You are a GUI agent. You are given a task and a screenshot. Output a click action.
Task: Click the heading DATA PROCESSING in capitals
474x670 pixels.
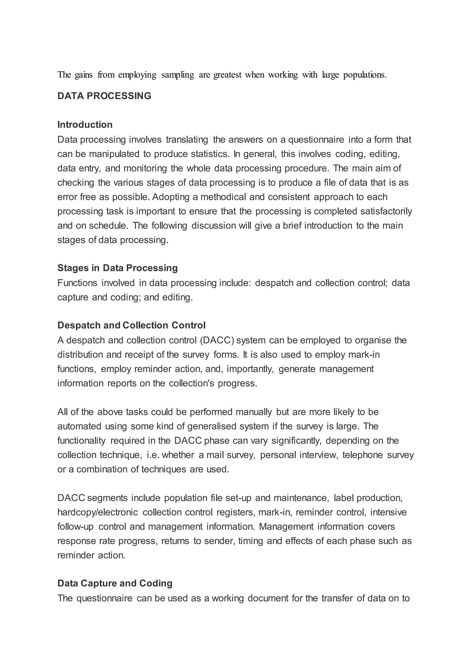[x=104, y=96]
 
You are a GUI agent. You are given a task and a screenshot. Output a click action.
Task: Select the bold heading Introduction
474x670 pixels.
[x=85, y=125]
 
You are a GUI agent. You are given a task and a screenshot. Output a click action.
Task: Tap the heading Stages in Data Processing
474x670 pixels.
[x=117, y=268]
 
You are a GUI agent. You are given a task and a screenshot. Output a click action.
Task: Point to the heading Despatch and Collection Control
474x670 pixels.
[x=131, y=325]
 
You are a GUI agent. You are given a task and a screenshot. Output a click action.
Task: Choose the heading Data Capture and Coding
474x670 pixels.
[x=115, y=583]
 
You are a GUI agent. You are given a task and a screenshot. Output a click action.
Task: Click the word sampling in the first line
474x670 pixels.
[x=178, y=75]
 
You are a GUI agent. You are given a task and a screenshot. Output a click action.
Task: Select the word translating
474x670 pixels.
[x=187, y=140]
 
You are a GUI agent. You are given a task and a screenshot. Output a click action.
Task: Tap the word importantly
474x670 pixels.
[x=250, y=369]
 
